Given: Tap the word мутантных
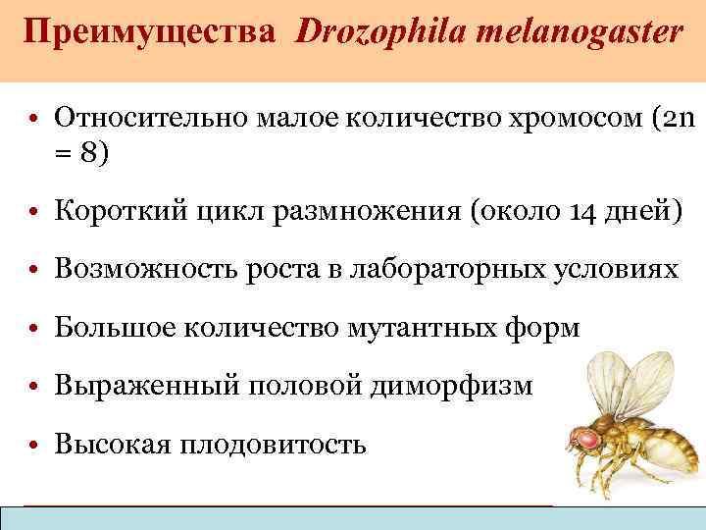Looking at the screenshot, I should coord(409,328).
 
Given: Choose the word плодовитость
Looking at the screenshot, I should coord(274,444).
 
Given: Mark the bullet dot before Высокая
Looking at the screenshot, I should coord(35,446).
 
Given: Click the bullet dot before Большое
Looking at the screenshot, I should coord(35,329).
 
